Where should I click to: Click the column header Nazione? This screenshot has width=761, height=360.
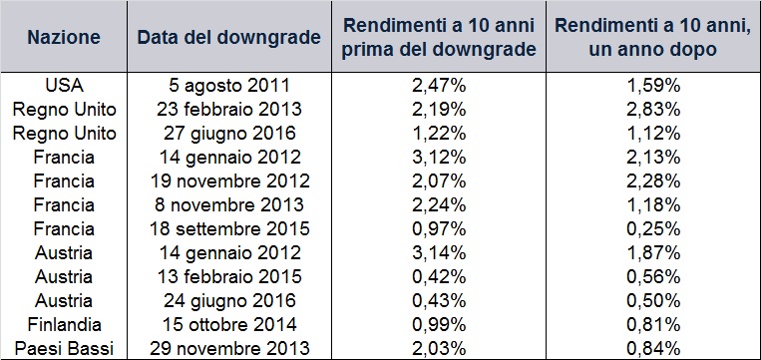64,38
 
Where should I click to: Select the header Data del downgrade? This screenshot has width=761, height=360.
228,38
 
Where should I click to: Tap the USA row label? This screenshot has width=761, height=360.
64,86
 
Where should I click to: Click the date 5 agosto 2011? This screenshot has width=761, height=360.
228,86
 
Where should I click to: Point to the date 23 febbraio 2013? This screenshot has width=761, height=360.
228,109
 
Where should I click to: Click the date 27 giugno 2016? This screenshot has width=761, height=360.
228,133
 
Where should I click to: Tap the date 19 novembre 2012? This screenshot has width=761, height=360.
228,180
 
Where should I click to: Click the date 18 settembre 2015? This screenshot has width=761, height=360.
228,228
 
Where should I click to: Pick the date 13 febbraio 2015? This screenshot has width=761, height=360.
228,276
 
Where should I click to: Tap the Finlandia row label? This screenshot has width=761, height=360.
64,324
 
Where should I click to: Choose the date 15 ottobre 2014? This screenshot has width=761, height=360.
228,324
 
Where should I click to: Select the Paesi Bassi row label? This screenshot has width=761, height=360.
64,348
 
